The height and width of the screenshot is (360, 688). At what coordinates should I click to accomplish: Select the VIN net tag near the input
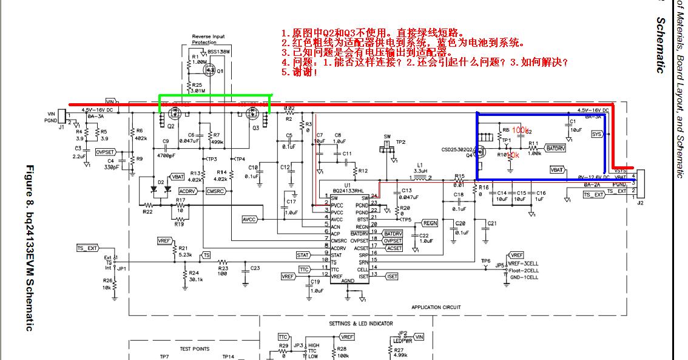[110, 101]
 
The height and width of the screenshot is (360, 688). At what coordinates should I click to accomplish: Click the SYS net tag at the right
[597, 134]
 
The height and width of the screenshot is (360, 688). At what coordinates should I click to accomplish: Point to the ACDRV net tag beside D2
[188, 191]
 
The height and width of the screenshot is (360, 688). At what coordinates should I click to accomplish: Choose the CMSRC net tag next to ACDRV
[216, 191]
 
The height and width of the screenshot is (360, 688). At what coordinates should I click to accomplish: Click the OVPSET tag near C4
[106, 152]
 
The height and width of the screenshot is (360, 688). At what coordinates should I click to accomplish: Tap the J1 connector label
[61, 127]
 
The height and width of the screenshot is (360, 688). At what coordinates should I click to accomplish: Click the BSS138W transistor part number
[218, 52]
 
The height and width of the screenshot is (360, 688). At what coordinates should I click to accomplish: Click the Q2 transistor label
[171, 127]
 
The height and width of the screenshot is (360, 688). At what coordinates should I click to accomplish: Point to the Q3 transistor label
[255, 128]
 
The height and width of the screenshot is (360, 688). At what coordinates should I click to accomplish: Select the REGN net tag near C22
[429, 223]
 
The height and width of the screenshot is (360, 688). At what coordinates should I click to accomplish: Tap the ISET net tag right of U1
[392, 276]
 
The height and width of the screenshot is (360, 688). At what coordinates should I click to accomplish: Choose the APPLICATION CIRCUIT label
[436, 307]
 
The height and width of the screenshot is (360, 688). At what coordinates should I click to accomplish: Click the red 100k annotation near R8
[520, 130]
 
